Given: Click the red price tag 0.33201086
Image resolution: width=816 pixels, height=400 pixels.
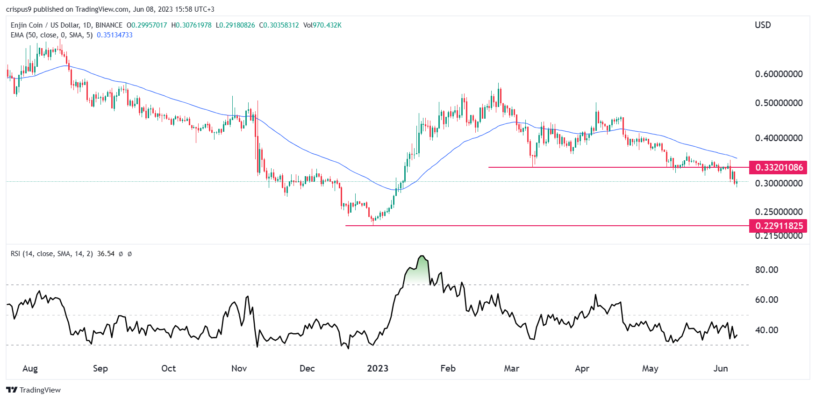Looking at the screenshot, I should pos(779,167).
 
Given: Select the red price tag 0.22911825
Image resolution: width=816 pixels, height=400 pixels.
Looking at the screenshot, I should pos(779,226).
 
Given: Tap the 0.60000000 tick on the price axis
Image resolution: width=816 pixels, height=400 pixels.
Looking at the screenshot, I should pos(779,74).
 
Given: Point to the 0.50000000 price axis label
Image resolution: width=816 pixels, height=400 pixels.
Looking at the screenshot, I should pos(779,103).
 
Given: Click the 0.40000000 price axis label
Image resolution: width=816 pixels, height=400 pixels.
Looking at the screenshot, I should pos(779,138).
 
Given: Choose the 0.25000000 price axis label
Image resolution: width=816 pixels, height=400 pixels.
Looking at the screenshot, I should pos(779,212).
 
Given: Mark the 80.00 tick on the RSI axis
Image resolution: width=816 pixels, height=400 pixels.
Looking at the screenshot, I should pos(766,270).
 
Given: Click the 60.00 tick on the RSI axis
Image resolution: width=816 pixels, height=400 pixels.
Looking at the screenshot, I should pos(766,300).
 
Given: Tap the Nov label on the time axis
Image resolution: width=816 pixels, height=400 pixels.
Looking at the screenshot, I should pos(239,368).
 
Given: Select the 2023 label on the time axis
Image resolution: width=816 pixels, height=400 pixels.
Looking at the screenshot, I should pos(378,368).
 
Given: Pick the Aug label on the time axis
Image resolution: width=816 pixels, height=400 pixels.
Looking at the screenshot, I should pos(30,368).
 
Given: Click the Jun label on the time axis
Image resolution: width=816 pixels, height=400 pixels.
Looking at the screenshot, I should pos(720,368).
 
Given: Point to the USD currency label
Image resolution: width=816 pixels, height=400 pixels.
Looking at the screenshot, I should pos(763,25).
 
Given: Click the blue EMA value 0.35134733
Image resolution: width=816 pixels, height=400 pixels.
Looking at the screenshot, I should pos(115,35).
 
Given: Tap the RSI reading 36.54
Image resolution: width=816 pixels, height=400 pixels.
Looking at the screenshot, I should pos(106,254).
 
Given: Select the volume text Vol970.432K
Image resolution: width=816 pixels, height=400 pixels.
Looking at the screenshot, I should pos(322,25).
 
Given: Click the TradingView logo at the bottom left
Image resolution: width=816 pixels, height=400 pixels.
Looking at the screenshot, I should pos(34,390).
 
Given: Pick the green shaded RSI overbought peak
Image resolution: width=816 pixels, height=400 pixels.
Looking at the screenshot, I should pos(419,271).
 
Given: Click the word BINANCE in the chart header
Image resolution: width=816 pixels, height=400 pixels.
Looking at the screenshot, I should pos(109,25).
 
